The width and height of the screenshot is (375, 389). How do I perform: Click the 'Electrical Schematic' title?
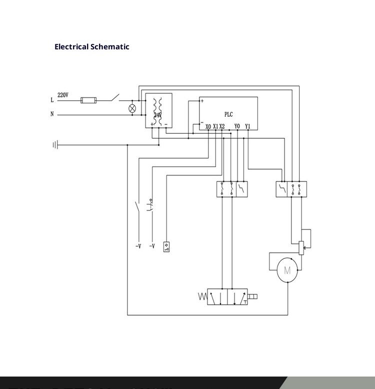click(x=92, y=47)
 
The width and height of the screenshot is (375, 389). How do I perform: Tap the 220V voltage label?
click(x=63, y=95)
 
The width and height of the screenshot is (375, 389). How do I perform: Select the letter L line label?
click(x=52, y=100)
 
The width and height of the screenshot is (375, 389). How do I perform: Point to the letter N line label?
click(x=52, y=114)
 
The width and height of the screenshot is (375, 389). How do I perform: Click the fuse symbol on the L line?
click(x=88, y=100)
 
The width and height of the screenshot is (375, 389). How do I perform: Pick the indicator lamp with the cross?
click(x=132, y=108)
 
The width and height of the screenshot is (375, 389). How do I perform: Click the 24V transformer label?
click(x=157, y=115)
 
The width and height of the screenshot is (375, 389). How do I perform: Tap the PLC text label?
click(x=228, y=115)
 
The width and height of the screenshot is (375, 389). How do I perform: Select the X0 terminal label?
click(x=208, y=127)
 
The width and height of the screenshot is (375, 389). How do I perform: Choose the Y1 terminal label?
click(x=247, y=127)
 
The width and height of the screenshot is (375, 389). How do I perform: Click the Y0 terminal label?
click(x=237, y=127)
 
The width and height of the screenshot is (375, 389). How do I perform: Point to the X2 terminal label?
click(x=222, y=127)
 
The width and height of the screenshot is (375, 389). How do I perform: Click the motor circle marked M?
click(x=287, y=271)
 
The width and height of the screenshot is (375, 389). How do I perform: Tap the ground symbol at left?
click(x=55, y=145)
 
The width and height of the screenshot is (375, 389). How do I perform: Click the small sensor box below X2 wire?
click(x=166, y=246)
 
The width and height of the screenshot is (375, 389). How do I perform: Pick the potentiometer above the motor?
click(x=300, y=247)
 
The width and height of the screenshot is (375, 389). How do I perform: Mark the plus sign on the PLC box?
click(x=202, y=101)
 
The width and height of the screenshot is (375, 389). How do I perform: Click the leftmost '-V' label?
click(x=138, y=246)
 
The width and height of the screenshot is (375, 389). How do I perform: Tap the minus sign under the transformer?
click(x=165, y=124)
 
